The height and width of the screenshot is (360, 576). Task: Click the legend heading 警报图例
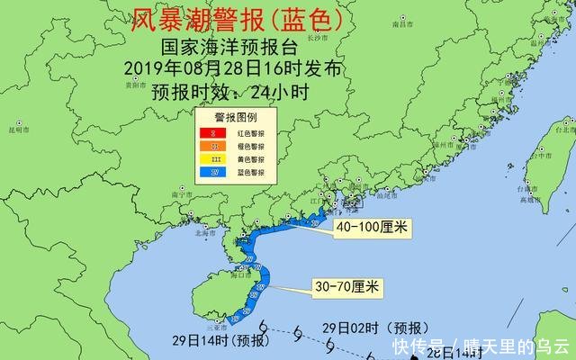pos(235,118)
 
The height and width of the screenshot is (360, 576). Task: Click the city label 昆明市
pos(19,130)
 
